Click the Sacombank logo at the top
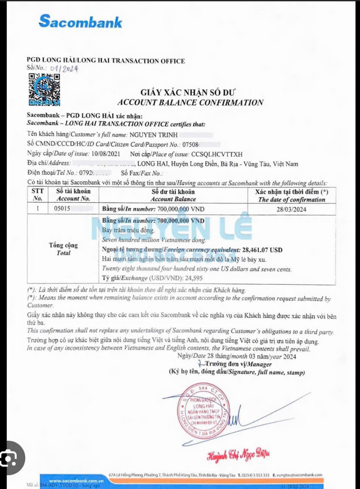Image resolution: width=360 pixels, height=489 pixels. coord(80,21)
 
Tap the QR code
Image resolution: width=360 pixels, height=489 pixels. coord(44,89)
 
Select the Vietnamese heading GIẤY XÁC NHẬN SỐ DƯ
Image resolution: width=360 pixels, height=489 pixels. coord(188,92)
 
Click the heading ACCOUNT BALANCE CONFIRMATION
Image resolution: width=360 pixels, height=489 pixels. coord(190,102)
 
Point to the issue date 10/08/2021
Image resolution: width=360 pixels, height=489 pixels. coord(106,154)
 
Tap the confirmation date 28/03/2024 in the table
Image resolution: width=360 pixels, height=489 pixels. coord(292,209)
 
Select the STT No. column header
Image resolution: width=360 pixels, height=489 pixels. coord(38,195)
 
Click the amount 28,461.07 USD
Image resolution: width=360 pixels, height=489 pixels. coord(262,250)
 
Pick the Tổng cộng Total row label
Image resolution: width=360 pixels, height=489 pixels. coord(63,249)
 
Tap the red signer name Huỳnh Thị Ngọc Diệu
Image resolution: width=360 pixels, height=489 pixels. coord(238,454)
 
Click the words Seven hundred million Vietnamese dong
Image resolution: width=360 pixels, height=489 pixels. coord(154,240)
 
